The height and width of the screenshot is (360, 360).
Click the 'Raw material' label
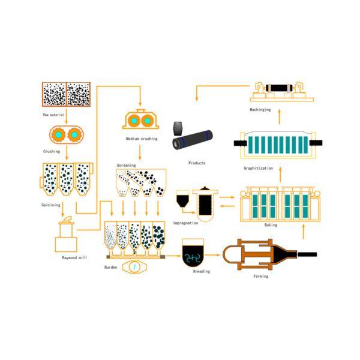53,113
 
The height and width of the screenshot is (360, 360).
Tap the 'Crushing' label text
52,151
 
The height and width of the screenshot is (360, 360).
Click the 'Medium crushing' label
142,139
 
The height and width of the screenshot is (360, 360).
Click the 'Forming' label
260,276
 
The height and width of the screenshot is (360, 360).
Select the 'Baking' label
271,227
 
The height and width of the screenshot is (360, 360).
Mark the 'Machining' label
260,110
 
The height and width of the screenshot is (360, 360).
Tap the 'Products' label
196,163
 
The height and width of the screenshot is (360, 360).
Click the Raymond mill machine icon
67,236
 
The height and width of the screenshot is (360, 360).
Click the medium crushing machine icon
141,120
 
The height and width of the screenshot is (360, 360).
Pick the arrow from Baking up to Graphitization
280,178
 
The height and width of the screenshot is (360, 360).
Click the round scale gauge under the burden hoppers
134,266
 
